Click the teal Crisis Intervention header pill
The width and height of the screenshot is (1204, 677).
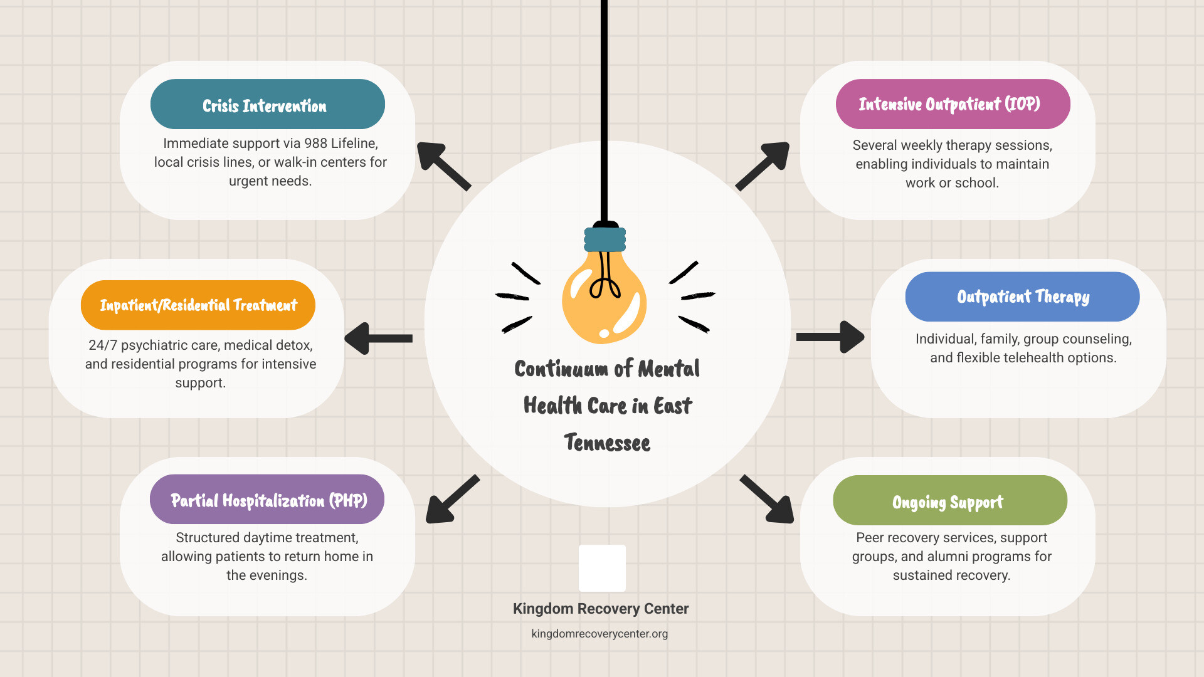[x=267, y=105]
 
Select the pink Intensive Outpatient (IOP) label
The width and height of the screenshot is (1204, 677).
[x=952, y=104]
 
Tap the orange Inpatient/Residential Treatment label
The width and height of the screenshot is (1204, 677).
[x=198, y=305]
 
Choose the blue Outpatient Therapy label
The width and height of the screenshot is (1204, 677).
[x=1022, y=297]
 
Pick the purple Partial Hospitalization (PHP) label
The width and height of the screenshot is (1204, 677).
[x=267, y=500]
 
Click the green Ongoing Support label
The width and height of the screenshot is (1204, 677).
[x=949, y=501]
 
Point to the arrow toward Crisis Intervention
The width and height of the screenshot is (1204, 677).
[x=443, y=165]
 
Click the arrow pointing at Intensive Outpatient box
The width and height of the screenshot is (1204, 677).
[x=763, y=165]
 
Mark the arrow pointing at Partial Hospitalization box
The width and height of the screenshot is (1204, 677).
[x=451, y=500]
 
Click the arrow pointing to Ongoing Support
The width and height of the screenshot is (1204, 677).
[x=768, y=500]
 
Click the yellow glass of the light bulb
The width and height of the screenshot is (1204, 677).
[x=603, y=301]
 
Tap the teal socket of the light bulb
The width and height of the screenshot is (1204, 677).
[x=605, y=239]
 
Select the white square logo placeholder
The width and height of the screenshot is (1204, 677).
[x=602, y=568]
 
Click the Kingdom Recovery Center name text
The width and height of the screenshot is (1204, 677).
[x=600, y=609]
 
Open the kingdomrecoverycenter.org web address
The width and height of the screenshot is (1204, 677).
[x=599, y=634]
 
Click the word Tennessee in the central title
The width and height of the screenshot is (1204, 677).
[x=607, y=443]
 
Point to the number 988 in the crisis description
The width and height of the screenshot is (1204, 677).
[x=315, y=144]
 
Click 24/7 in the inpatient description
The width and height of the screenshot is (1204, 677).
[x=102, y=345]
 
